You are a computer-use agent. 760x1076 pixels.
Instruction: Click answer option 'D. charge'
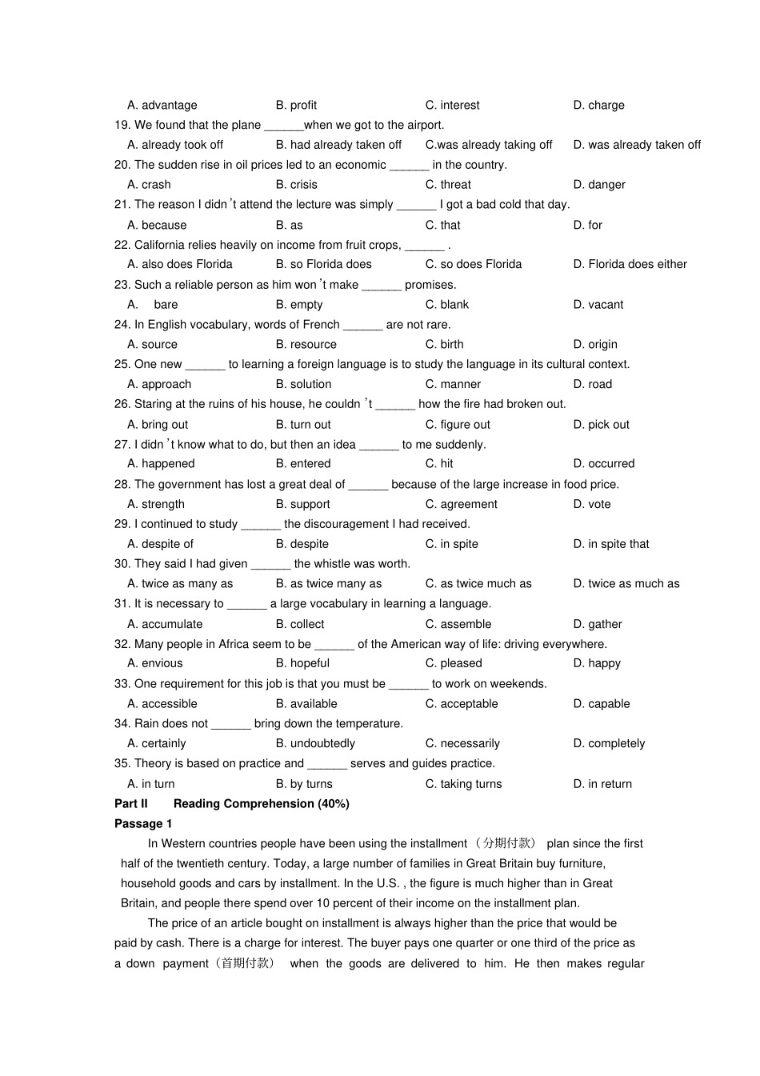(598, 105)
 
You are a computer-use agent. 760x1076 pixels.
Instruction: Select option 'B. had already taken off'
(338, 145)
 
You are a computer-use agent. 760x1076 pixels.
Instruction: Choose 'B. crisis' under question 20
(296, 185)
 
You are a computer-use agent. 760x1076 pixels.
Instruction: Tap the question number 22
(122, 245)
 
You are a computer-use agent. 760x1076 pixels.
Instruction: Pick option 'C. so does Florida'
(473, 264)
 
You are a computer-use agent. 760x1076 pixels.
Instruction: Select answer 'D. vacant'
(598, 305)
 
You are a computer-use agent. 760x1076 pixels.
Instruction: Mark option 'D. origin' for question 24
(594, 344)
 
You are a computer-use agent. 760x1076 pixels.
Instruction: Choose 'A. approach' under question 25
(159, 384)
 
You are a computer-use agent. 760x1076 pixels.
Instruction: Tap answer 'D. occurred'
(603, 463)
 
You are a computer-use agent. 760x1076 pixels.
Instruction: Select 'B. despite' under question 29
(302, 544)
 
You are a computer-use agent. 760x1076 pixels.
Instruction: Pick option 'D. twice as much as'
(626, 583)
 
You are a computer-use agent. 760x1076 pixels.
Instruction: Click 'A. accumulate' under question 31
(165, 624)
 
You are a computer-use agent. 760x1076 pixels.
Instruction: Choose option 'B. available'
(306, 704)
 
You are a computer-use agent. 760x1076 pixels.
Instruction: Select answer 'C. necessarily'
(462, 743)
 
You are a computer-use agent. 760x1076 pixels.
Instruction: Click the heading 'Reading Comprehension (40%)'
(261, 803)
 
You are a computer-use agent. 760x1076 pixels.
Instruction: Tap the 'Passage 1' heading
(143, 823)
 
